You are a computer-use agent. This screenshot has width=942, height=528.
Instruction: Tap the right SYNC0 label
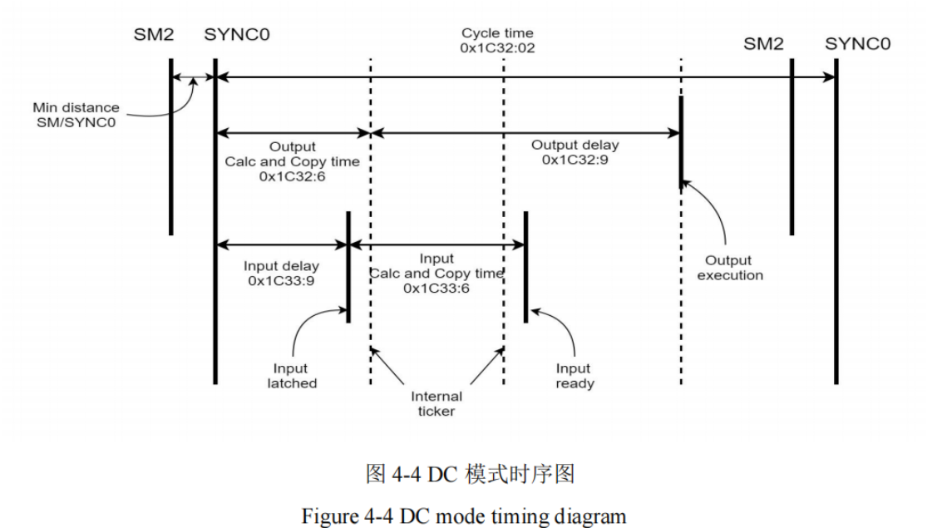click(x=857, y=43)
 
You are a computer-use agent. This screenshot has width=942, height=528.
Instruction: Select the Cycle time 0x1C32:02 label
click(x=497, y=41)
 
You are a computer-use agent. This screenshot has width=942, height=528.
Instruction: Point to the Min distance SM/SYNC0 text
click(x=76, y=115)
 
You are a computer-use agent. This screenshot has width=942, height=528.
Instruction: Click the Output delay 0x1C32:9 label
click(x=575, y=152)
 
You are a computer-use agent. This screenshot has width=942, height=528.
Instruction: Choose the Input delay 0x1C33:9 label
click(x=280, y=274)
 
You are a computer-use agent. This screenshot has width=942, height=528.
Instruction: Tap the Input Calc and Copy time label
click(x=436, y=274)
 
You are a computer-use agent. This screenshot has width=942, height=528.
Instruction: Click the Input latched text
click(x=291, y=376)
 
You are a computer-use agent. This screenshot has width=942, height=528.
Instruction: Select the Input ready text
click(x=574, y=376)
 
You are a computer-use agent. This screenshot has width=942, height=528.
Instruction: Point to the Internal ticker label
click(x=436, y=404)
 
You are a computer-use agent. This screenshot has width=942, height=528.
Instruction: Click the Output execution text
click(x=729, y=268)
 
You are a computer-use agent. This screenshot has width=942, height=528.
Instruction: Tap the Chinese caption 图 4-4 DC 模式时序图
click(x=470, y=474)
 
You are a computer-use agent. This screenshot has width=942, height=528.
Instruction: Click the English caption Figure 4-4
click(x=463, y=516)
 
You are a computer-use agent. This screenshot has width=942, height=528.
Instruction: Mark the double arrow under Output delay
click(x=525, y=131)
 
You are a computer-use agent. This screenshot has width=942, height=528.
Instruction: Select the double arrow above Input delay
click(x=281, y=244)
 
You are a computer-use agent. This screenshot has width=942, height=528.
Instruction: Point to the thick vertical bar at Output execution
click(x=681, y=141)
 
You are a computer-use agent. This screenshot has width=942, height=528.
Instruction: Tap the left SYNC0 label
click(x=236, y=35)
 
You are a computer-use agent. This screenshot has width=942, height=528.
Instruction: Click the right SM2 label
click(x=763, y=43)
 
